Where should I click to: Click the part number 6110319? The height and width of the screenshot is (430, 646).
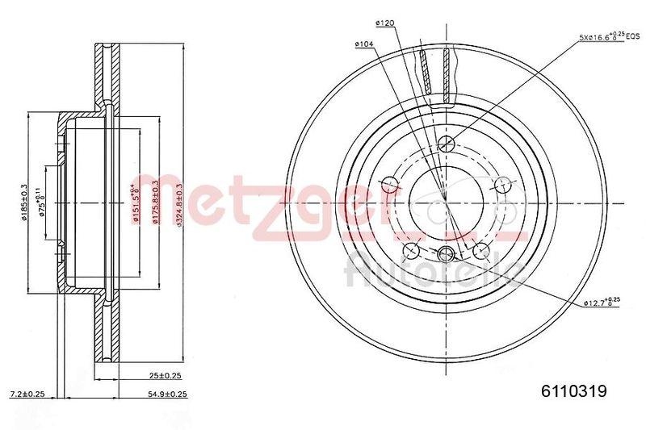coord(573,392)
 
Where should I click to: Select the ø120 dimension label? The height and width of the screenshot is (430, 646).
coord(384,24)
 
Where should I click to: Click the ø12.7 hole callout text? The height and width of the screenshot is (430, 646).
coord(601,303)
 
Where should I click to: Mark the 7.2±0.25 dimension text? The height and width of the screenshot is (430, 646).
coord(26,394)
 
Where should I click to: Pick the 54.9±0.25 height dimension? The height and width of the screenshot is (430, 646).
coord(166,394)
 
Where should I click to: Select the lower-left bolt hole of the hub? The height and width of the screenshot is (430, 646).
coord(411,248)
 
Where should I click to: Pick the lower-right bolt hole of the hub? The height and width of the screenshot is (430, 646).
coord(481,248)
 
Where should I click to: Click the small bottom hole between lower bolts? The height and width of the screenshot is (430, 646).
coord(447,255)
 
